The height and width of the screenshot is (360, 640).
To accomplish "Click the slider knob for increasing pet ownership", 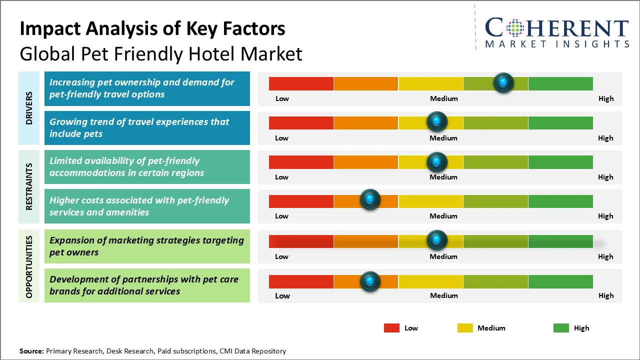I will click(x=503, y=82).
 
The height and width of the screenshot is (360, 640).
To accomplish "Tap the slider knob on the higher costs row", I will click(x=370, y=200).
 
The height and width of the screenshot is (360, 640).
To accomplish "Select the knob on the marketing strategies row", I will click(x=437, y=240).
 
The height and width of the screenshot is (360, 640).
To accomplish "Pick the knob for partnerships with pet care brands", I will click(x=370, y=281).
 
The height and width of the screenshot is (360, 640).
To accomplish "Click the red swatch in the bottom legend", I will click(x=391, y=328).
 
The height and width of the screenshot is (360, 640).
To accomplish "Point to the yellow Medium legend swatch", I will click(x=465, y=328).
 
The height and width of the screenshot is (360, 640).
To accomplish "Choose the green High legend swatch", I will click(x=561, y=328).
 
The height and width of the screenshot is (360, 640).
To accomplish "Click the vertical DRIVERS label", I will click(x=29, y=107).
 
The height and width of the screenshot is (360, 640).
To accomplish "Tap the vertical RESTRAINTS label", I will click(x=29, y=186).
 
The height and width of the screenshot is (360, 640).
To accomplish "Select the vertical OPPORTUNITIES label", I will click(x=29, y=266).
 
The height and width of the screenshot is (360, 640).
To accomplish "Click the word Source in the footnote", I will click(x=31, y=351).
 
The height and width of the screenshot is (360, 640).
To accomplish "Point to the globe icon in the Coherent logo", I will click(x=514, y=28).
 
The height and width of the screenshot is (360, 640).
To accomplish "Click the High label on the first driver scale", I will click(x=606, y=98).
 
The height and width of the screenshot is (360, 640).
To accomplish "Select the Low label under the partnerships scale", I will click(x=282, y=295).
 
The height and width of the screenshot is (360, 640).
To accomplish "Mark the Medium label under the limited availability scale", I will click(x=443, y=177).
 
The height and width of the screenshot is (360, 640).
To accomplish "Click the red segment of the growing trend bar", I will click(x=301, y=122).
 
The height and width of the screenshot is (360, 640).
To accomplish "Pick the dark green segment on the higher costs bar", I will click(x=560, y=201).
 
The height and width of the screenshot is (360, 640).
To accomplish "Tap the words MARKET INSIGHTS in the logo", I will click(x=557, y=44).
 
